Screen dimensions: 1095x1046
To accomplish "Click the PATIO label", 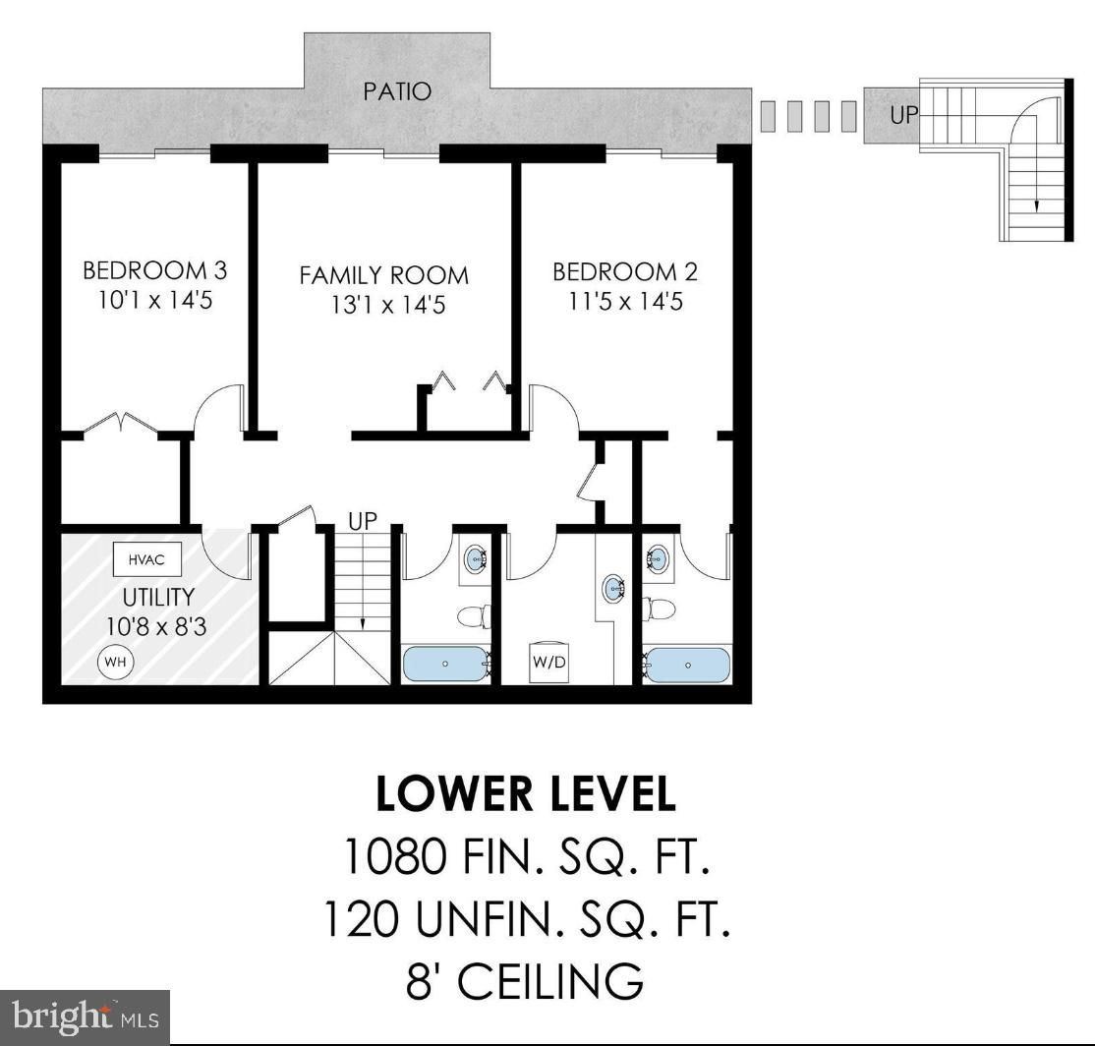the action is coord(397,91).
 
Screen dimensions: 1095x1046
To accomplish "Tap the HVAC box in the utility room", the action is coord(147,559).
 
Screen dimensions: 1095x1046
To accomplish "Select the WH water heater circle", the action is coord(115,662).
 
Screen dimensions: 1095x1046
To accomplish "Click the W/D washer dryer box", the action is coord(548,661).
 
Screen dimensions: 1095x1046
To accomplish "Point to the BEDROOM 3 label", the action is coord(155,270).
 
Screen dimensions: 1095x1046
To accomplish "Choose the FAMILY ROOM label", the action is coord(384,275).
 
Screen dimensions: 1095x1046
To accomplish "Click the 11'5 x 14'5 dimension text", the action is coord(626,302).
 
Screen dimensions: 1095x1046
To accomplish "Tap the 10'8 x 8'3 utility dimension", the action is coord(157,626).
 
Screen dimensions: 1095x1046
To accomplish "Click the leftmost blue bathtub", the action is coord(445,664).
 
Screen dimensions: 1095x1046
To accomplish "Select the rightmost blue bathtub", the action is coord(687,666).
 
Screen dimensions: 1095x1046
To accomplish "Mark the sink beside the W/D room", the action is coord(613,588).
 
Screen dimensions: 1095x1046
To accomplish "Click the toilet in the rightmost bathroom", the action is coord(659,610).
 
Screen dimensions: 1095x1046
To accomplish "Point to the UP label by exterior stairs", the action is coord(904,115).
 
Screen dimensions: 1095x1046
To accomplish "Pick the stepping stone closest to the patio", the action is coord(769,117).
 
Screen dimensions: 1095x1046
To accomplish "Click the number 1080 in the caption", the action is coord(394,857).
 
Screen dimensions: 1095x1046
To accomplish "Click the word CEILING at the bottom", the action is coord(551,980).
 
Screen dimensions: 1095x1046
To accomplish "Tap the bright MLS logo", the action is coord(85,1017).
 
